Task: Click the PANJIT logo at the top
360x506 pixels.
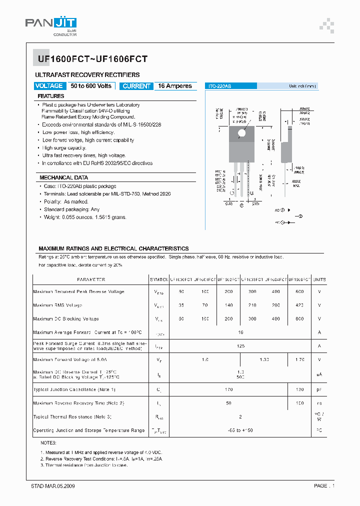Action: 51,24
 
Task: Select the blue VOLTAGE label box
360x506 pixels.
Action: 49,86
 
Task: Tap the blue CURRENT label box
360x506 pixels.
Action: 136,86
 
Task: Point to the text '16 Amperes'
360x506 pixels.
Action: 175,86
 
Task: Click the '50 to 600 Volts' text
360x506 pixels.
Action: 91,86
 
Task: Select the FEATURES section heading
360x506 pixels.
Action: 51,96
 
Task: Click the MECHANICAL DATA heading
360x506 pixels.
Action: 63,177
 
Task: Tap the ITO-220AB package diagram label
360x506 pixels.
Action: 220,86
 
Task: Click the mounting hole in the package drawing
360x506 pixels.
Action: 242,133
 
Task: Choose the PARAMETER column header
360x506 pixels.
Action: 91,279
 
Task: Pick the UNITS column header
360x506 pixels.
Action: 319,279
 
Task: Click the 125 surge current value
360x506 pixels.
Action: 240,346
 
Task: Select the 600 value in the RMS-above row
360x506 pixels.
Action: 299,291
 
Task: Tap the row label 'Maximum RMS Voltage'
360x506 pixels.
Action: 57,305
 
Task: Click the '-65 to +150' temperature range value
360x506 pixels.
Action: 240,430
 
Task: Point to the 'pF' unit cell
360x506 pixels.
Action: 319,389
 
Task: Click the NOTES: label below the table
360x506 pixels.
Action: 48,443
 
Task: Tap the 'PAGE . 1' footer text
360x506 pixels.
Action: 324,486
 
